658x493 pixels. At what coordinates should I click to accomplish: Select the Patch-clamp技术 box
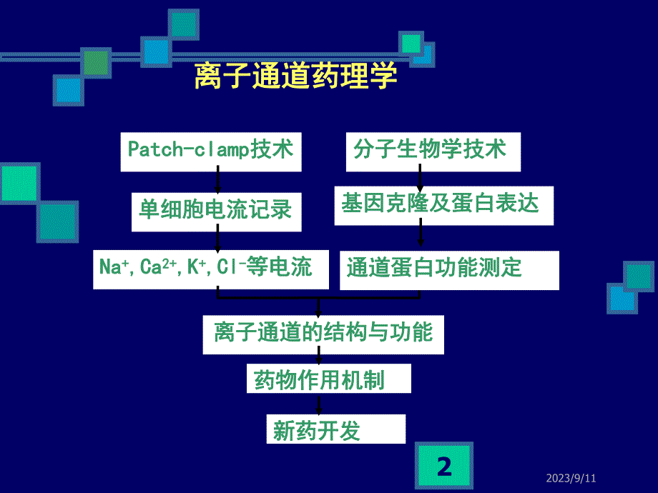pyautogui.click(x=211, y=151)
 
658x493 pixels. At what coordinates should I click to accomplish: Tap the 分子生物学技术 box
pyautogui.click(x=433, y=151)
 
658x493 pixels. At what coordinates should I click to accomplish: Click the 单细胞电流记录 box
pyautogui.click(x=216, y=210)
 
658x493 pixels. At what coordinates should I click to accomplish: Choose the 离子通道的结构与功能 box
pyautogui.click(x=323, y=334)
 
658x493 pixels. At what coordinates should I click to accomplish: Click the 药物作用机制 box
pyautogui.click(x=329, y=379)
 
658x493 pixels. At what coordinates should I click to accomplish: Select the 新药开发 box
pyautogui.click(x=335, y=430)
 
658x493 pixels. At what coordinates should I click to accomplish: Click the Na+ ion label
pyautogui.click(x=113, y=268)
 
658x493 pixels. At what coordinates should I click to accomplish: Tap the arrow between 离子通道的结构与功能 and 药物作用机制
pyautogui.click(x=318, y=359)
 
